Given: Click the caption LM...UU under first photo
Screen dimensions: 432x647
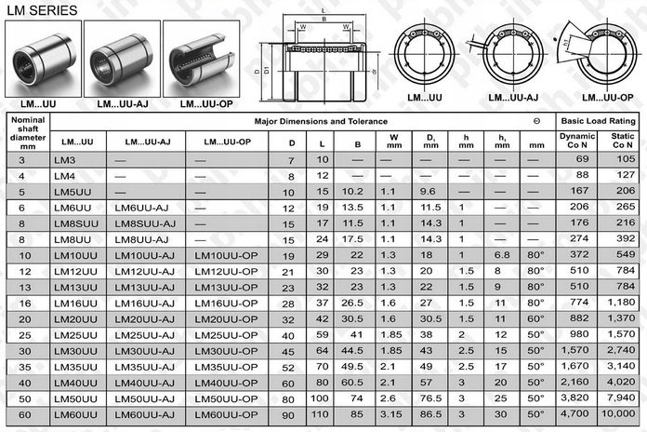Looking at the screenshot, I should click(42, 102).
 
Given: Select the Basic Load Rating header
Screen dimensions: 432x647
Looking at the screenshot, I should click(597, 122).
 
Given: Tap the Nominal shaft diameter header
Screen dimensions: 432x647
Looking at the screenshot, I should click(27, 132).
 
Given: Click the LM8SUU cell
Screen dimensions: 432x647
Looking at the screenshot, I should click(75, 224).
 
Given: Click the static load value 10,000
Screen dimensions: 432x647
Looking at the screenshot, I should click(617, 414).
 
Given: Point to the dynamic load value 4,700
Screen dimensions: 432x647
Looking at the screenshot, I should click(576, 414).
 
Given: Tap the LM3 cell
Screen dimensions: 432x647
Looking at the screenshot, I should click(65, 161).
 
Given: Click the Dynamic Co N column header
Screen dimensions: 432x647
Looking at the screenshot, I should click(576, 141).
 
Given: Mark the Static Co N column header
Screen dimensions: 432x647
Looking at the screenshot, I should click(617, 141).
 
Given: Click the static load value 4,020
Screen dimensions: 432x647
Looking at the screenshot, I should click(617, 383).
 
